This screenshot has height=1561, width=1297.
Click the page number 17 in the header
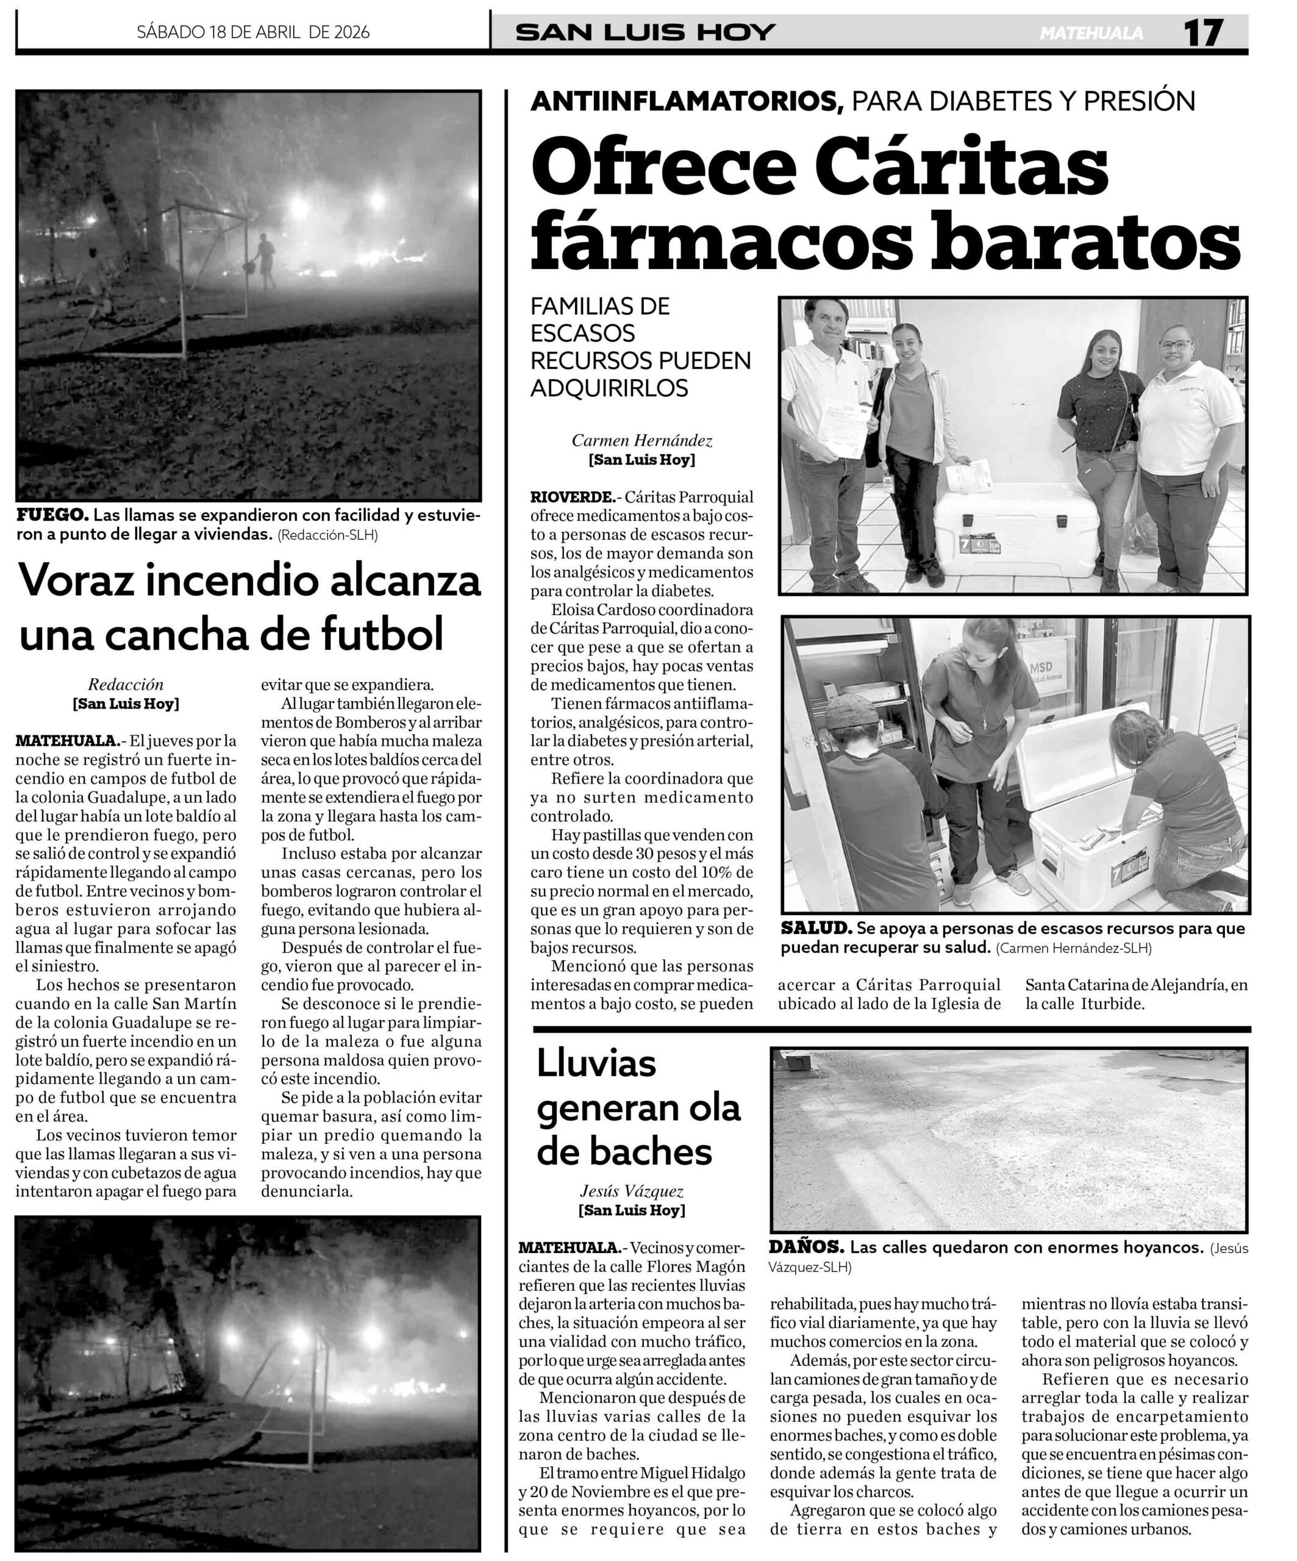pos(1203,33)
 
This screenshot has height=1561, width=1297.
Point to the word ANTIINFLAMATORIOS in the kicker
pos(687,101)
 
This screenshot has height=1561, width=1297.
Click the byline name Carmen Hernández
pos(641,441)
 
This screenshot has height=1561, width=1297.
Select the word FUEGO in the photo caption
pos(52,515)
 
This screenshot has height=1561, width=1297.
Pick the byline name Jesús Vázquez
pos(631,1191)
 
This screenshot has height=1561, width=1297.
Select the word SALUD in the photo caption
pos(815,929)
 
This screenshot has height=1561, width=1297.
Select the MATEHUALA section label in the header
pos(1091,34)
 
